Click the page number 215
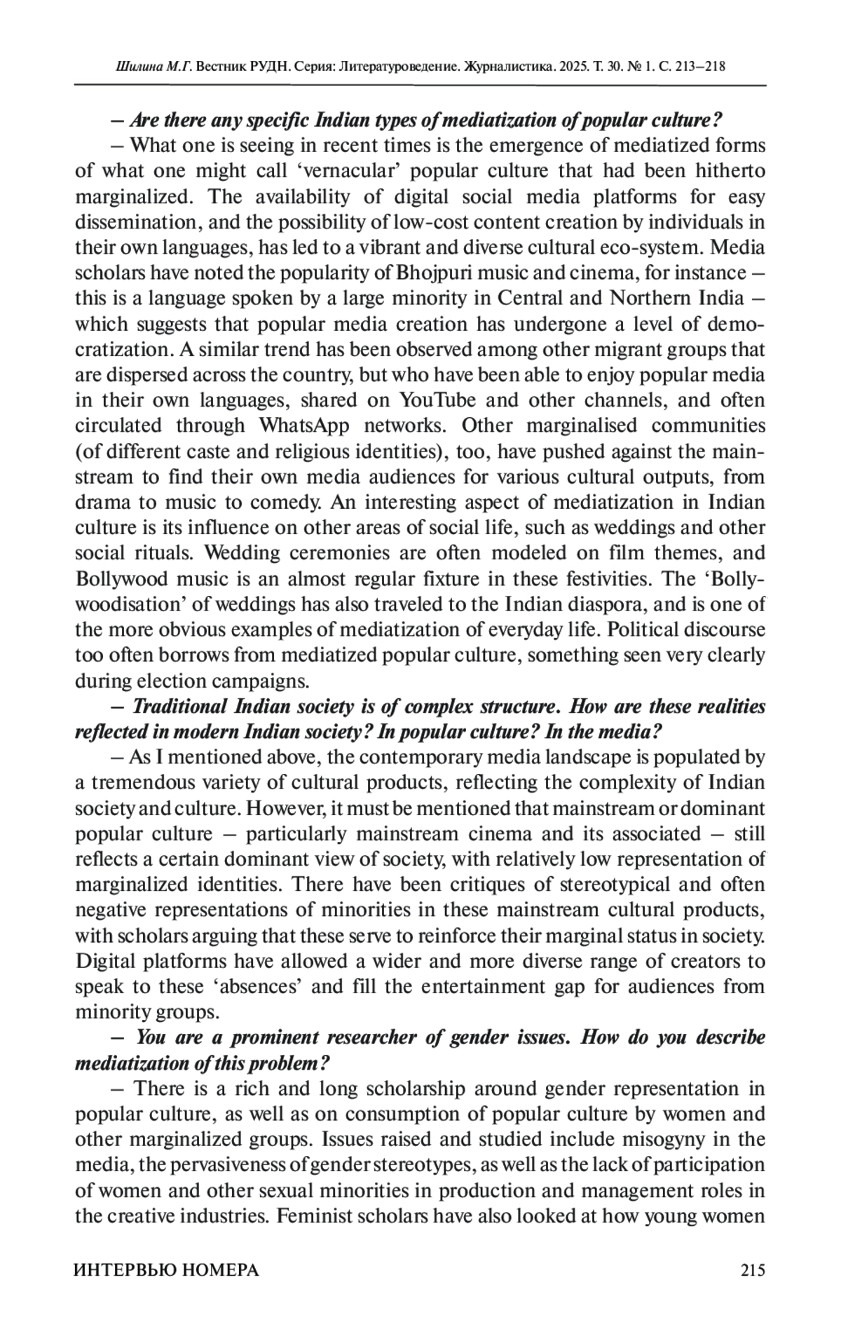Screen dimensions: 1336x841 [x=752, y=1269]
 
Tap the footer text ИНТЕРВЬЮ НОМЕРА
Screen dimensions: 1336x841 [x=166, y=1269]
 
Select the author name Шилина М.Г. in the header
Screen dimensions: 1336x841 [x=152, y=67]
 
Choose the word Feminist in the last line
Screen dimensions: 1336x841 [x=315, y=1216]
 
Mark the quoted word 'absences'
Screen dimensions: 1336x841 [x=259, y=987]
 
